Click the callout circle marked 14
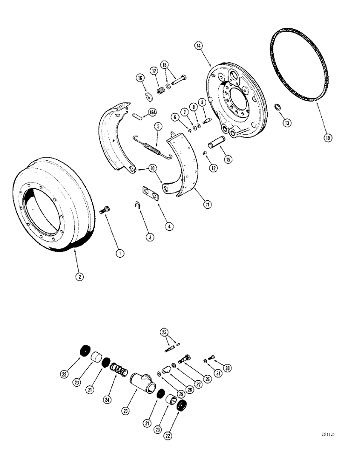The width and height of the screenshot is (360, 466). coord(199,46)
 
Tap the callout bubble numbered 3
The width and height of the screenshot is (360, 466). coord(149,237)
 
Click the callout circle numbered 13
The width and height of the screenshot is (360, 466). coord(286,123)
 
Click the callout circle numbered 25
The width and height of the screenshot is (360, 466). coord(163,332)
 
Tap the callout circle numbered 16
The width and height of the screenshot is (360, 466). coord(140,79)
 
